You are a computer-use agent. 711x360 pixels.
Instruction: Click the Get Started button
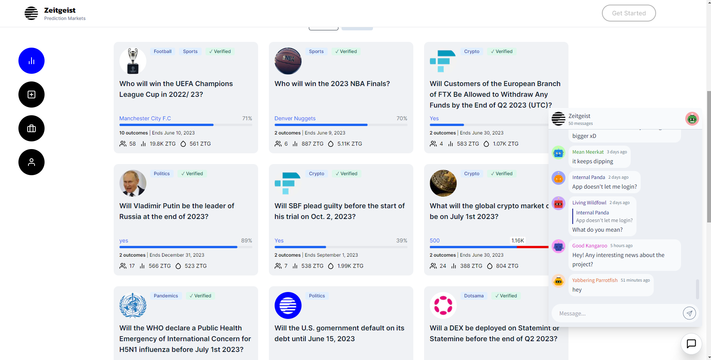[x=628, y=13]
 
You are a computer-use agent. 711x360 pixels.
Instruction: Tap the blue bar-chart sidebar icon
[x=31, y=61]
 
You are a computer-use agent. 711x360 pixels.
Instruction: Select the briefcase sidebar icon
[x=31, y=128]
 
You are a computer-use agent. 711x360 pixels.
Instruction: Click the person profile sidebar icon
[x=31, y=162]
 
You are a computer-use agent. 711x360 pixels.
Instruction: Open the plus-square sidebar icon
[x=31, y=95]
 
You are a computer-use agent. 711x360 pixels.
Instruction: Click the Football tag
[x=162, y=51]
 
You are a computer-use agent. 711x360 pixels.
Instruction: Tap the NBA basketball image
[x=288, y=61]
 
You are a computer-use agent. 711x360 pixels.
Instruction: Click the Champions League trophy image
[x=133, y=61]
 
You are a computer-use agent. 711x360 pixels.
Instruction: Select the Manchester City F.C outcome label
[x=145, y=118]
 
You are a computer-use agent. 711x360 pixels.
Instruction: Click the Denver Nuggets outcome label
[x=295, y=118]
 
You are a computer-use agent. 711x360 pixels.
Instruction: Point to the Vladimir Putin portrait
[x=133, y=183]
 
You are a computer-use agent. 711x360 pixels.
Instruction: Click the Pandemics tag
[x=166, y=296]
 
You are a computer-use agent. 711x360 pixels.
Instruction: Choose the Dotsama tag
[x=474, y=296]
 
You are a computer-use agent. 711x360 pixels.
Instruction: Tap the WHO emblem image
[x=133, y=305]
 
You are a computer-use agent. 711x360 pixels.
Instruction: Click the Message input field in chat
[x=617, y=314]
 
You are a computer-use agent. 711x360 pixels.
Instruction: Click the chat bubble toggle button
[x=691, y=343]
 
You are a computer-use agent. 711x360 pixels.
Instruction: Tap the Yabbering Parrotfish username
[x=595, y=280]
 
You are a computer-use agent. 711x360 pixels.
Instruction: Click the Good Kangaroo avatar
[x=559, y=246]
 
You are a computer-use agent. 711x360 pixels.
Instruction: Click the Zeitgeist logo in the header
[x=31, y=13]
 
